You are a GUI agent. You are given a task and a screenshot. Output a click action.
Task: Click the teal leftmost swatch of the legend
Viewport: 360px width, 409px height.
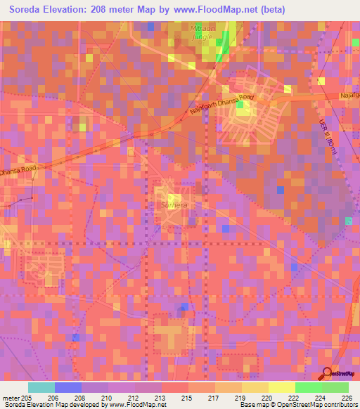click(x=41, y=387)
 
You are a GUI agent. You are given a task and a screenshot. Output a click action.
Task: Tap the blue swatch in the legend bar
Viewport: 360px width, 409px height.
click(x=68, y=387)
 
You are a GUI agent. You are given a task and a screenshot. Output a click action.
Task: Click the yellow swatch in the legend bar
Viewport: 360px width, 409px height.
click(x=281, y=387)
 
